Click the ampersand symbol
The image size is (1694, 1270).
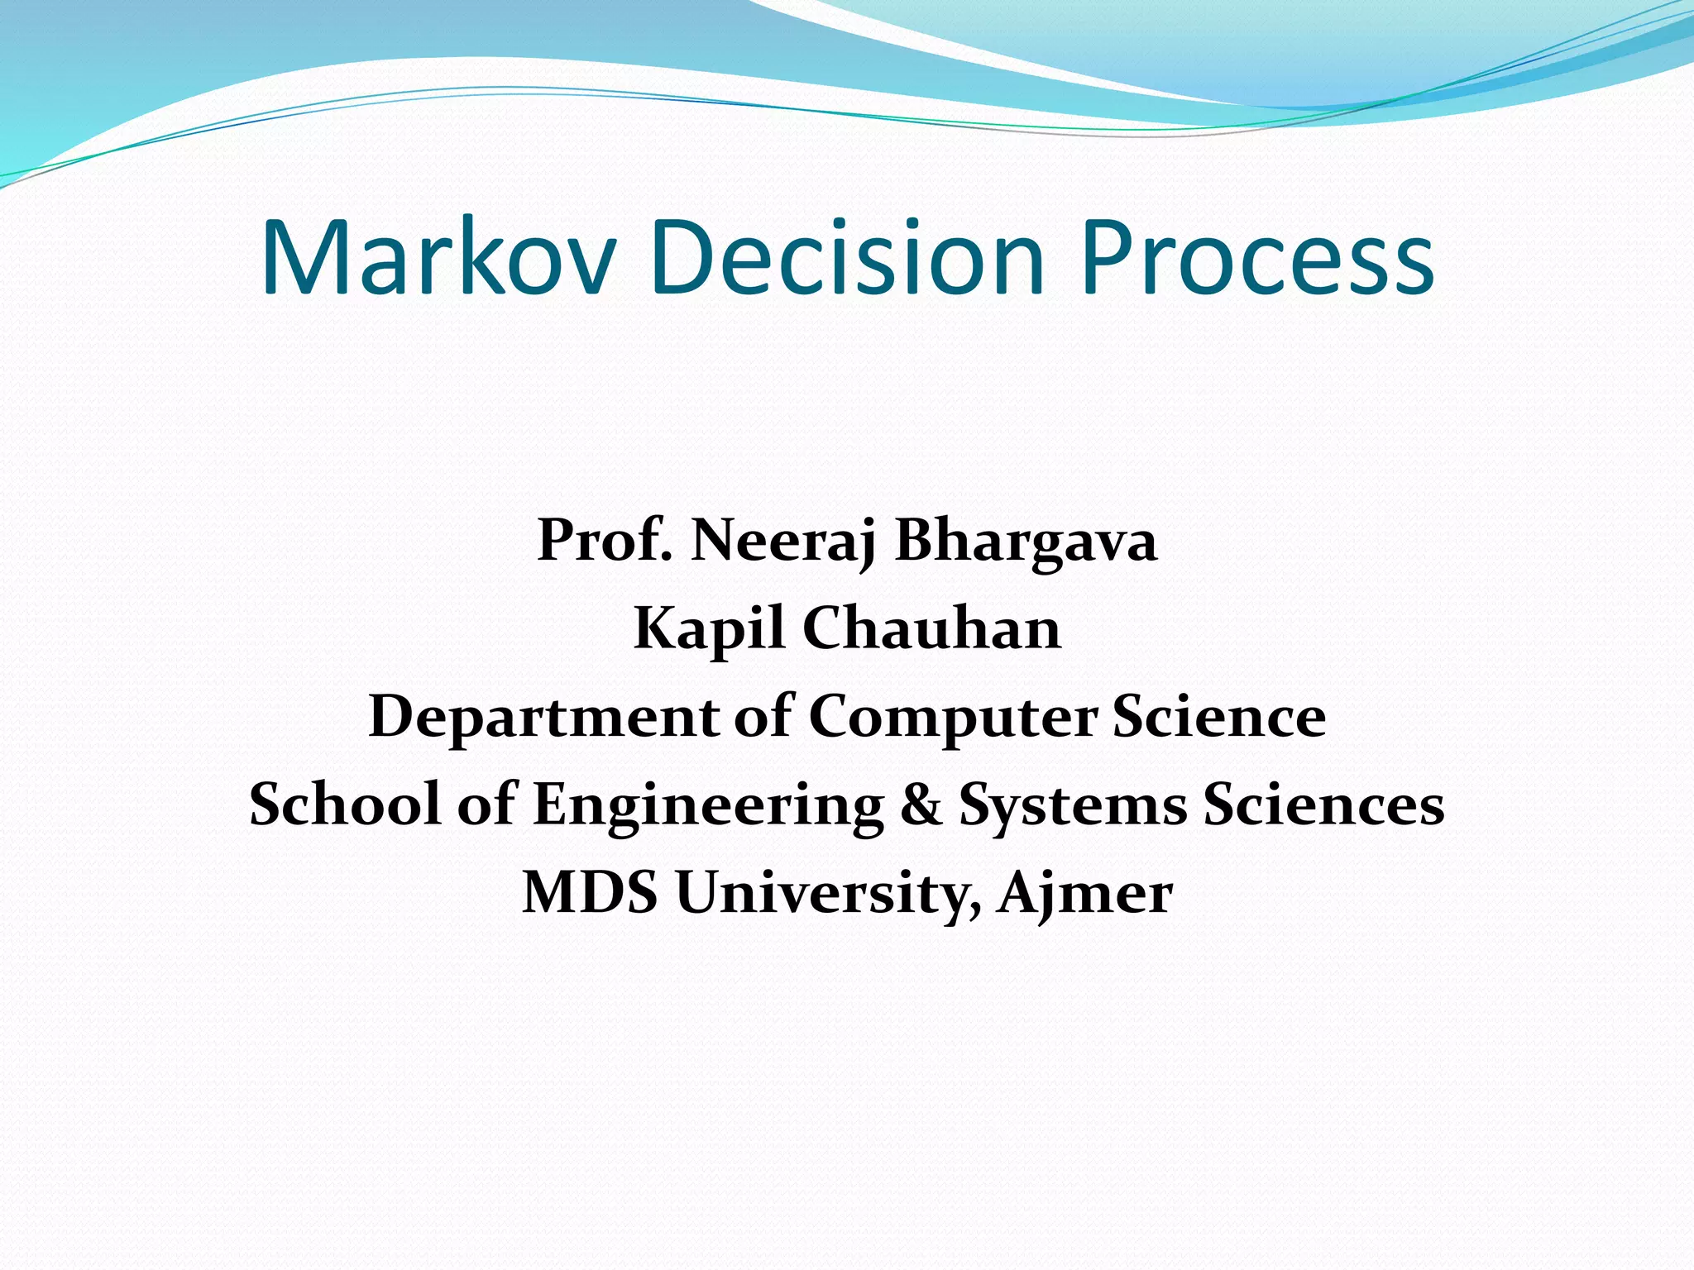pos(921,804)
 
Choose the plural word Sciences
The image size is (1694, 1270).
pos(1323,804)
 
